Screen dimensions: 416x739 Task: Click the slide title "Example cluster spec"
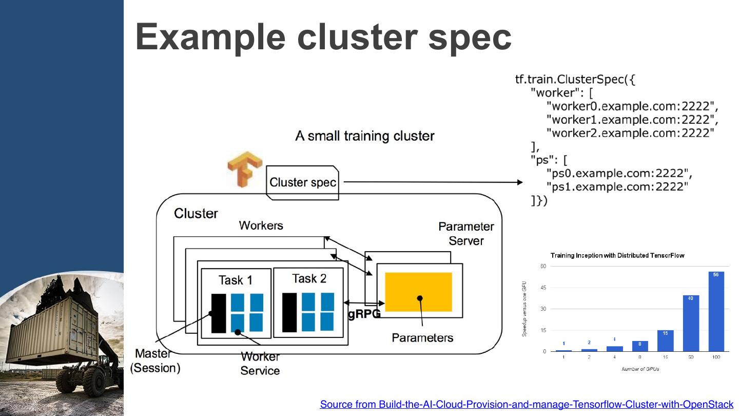323,37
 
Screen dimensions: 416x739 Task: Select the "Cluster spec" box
303,182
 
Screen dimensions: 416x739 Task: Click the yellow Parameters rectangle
418,292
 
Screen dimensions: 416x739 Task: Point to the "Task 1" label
236,280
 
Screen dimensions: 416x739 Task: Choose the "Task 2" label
309,278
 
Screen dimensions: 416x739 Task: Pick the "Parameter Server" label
466,234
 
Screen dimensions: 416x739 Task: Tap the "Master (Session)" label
155,361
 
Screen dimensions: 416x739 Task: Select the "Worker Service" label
260,363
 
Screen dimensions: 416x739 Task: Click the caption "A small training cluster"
364,136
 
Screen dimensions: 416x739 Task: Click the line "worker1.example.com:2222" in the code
632,120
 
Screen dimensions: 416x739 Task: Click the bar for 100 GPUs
716,311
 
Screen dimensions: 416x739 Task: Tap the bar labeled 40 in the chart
691,323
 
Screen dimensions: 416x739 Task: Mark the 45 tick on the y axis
543,288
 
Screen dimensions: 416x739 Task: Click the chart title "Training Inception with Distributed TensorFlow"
617,255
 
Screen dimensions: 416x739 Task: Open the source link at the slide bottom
527,404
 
